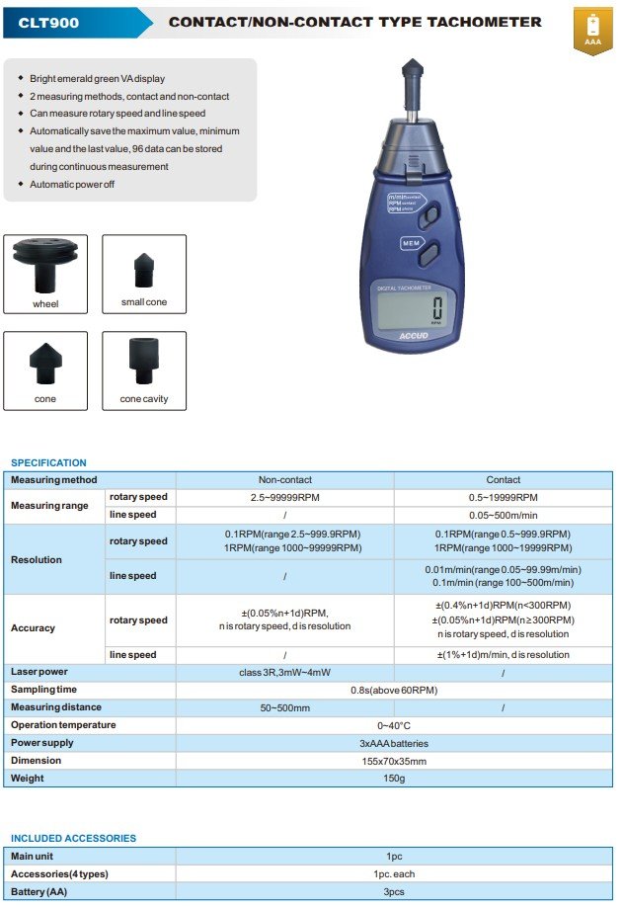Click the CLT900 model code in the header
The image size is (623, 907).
[x=49, y=21]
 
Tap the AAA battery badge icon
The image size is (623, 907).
[x=592, y=30]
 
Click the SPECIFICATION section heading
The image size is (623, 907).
[x=48, y=462]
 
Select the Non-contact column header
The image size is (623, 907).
[x=284, y=479]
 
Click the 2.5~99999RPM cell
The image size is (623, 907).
[x=284, y=497]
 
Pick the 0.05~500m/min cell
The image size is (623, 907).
[x=503, y=515]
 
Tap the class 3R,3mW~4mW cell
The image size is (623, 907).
[x=284, y=672]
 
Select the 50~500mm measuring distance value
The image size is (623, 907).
[x=284, y=707]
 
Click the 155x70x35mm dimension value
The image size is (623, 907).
[x=394, y=761]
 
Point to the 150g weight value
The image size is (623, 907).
[x=394, y=779]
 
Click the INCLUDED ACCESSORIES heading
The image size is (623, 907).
[x=73, y=838]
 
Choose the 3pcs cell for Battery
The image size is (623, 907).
[x=394, y=891]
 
